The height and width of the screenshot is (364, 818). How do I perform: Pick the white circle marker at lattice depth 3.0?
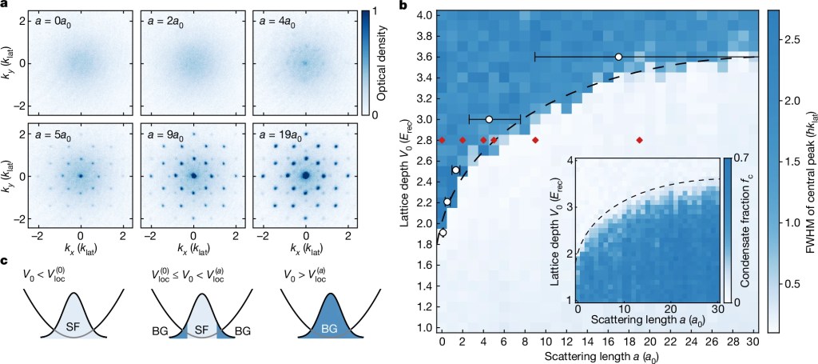pos(489,119)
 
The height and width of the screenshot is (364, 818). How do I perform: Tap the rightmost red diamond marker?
pos(639,140)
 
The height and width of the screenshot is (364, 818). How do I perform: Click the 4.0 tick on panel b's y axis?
pos(423,15)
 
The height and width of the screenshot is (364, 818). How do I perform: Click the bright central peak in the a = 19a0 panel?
pos(306,175)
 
